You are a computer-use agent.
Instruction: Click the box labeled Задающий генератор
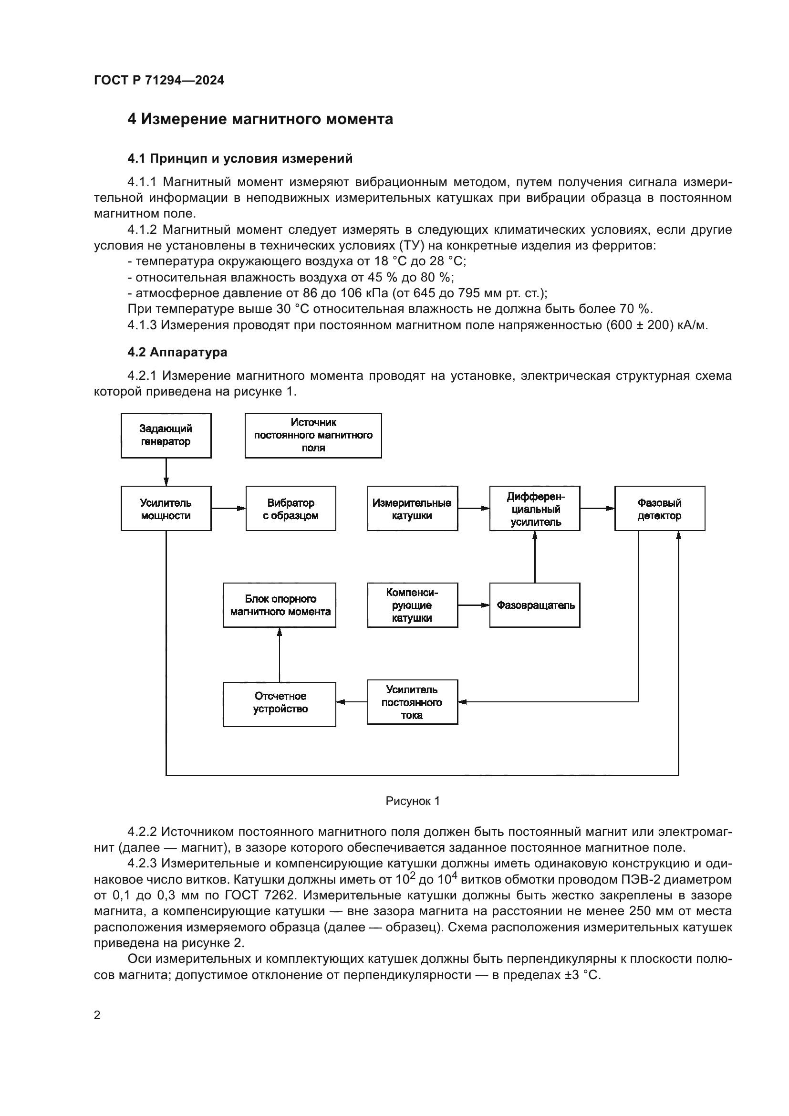click(166, 436)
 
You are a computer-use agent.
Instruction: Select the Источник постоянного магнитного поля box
click(313, 436)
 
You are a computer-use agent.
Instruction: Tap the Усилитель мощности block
click(166, 509)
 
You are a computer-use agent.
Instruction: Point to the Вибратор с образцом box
click(291, 509)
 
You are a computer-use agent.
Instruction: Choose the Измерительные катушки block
click(412, 509)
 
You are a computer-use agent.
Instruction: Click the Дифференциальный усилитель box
click(534, 509)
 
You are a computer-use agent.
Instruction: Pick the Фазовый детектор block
click(659, 509)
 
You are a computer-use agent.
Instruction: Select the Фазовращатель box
click(534, 605)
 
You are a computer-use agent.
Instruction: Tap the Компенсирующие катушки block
click(412, 605)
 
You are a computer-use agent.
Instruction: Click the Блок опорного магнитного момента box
click(280, 605)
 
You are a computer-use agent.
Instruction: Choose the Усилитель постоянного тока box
click(412, 702)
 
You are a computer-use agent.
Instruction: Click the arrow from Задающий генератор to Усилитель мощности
click(166, 472)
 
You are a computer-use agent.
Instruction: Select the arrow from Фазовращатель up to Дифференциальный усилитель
click(535, 556)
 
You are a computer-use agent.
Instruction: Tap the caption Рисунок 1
click(413, 801)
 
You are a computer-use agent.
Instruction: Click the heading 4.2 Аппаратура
click(177, 352)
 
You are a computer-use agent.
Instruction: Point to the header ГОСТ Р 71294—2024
click(159, 80)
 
